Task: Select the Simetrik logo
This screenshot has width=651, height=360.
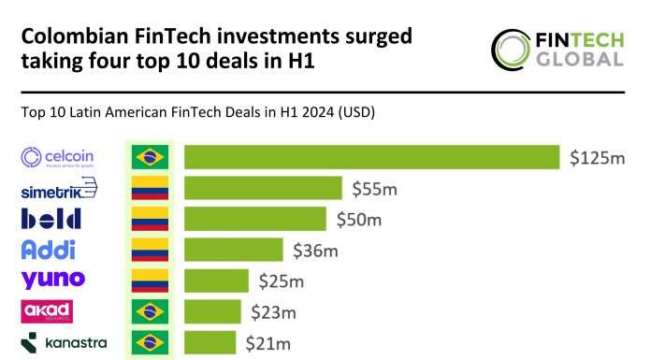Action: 58,190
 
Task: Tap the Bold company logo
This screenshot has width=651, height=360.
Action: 51,220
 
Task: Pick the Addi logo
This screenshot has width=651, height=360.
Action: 48,250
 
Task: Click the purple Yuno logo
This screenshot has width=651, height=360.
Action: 52,280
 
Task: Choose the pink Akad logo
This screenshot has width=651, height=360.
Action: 47,310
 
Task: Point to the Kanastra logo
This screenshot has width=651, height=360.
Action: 64,342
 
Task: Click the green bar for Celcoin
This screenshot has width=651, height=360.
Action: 371,157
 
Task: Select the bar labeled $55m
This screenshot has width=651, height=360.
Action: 263,189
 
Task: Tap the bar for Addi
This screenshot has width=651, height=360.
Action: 233,250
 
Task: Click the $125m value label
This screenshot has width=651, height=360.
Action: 597,158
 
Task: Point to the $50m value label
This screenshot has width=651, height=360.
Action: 359,220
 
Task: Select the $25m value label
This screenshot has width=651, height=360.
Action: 282,281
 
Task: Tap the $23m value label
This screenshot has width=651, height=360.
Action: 272,311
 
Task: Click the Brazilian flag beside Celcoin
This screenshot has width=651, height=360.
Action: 149,157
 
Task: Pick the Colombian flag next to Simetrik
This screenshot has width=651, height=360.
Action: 149,189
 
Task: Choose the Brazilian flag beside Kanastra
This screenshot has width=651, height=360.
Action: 149,342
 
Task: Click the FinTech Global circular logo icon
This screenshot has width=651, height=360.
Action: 513,50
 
